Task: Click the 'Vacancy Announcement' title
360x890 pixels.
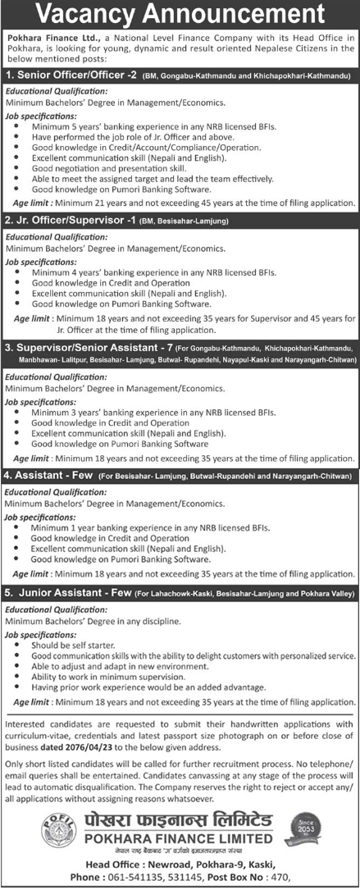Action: click(x=180, y=15)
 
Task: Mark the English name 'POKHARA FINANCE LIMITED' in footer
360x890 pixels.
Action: click(x=181, y=838)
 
